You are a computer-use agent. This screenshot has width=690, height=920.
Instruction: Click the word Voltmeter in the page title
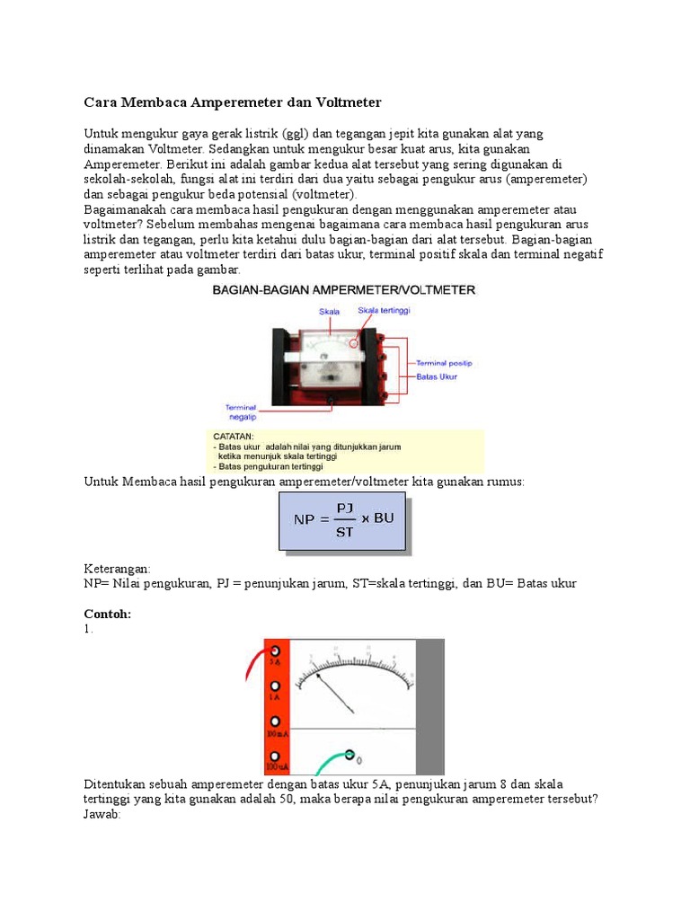pyautogui.click(x=345, y=102)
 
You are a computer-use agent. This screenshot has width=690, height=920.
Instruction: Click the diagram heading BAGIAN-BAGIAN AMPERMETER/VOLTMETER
pyautogui.click(x=343, y=290)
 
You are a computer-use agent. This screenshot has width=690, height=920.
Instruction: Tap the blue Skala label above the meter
pyautogui.click(x=330, y=312)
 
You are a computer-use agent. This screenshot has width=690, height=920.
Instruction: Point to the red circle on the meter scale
pyautogui.click(x=355, y=342)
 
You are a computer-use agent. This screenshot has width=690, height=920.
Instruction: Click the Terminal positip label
pyautogui.click(x=443, y=363)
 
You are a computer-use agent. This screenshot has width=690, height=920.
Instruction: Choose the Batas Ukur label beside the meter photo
pyautogui.click(x=437, y=377)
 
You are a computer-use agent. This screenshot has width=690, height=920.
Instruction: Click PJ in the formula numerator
pyautogui.click(x=345, y=508)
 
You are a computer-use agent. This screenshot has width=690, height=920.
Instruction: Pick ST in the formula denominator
pyautogui.click(x=345, y=531)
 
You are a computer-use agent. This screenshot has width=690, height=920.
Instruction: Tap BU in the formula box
pyautogui.click(x=384, y=518)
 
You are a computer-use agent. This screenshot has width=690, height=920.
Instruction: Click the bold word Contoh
pyautogui.click(x=107, y=614)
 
